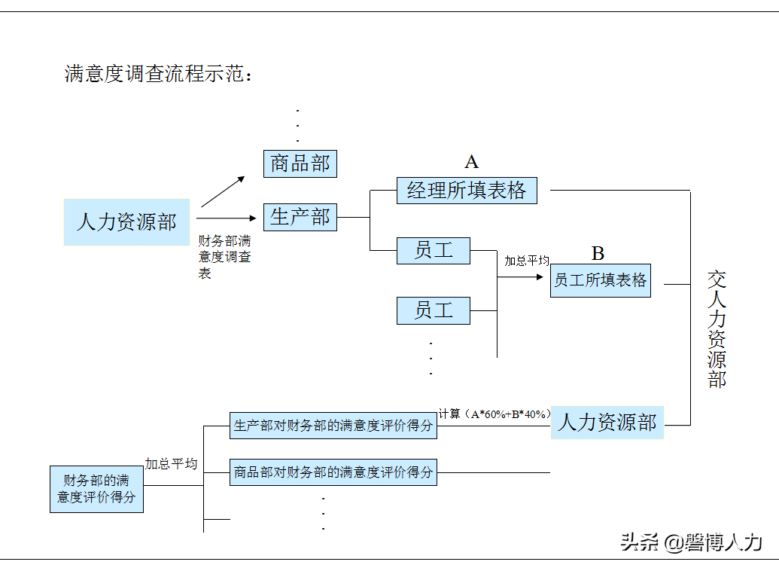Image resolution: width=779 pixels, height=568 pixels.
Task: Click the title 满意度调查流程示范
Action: tap(158, 74)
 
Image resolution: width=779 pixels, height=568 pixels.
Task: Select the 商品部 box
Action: tap(300, 163)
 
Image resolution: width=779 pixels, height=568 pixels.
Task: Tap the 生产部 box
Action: tap(300, 217)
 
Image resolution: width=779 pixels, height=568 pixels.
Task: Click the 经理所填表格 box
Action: tap(467, 191)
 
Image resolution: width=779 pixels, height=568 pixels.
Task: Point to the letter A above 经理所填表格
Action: tap(471, 162)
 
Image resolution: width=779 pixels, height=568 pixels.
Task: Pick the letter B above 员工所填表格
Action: tap(598, 253)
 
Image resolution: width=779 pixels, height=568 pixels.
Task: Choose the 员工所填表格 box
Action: tap(600, 281)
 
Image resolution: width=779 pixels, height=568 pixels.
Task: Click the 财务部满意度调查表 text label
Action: tap(224, 257)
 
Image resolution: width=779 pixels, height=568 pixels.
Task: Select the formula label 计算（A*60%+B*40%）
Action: tap(494, 414)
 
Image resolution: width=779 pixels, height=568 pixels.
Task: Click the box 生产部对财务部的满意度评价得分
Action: tap(333, 426)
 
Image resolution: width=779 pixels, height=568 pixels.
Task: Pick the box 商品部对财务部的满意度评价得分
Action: tap(333, 472)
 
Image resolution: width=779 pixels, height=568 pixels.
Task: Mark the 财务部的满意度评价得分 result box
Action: tap(96, 489)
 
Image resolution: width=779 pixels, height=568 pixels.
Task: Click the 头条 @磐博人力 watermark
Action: tap(691, 542)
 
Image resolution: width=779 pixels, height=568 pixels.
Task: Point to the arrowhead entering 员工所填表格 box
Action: tap(539, 277)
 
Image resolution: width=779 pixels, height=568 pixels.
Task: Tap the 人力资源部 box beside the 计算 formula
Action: tap(607, 423)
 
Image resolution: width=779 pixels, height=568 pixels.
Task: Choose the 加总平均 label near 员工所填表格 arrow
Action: tap(526, 261)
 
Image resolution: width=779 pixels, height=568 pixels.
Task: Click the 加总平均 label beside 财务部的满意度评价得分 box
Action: tap(171, 464)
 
